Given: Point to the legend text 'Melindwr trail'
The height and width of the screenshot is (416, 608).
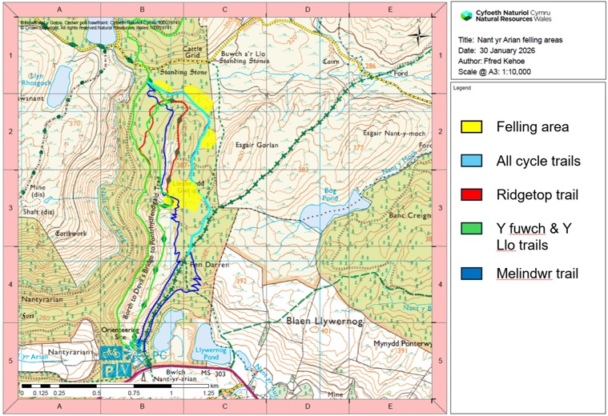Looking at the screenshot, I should (537, 274).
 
